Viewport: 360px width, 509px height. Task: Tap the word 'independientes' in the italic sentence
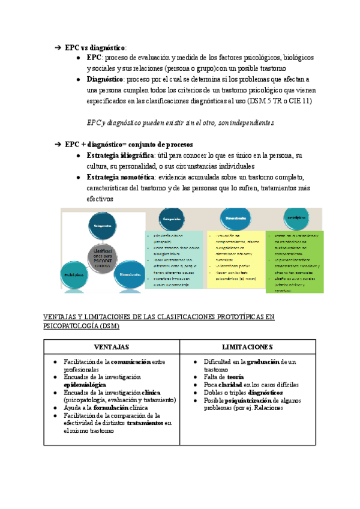249,122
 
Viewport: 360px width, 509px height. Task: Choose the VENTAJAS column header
111,347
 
